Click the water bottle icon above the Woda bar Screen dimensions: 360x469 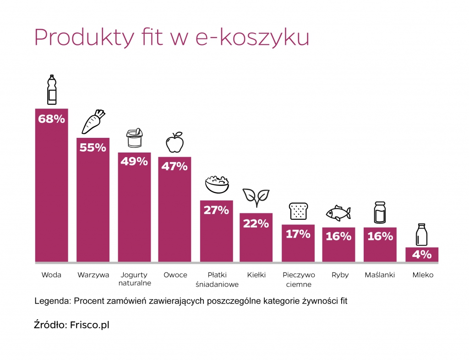(x=52, y=90)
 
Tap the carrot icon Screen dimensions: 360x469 (x=93, y=121)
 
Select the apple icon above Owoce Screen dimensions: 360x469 (x=175, y=142)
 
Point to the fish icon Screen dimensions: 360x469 (x=338, y=213)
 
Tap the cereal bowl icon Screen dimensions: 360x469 (x=217, y=185)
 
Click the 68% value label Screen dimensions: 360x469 (x=52, y=119)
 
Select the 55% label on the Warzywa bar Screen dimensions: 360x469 (x=93, y=148)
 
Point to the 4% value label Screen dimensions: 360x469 (x=422, y=255)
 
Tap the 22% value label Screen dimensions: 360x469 (x=256, y=224)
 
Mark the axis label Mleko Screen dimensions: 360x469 (x=422, y=275)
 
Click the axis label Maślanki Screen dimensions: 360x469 (x=380, y=275)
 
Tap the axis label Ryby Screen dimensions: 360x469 (x=340, y=275)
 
